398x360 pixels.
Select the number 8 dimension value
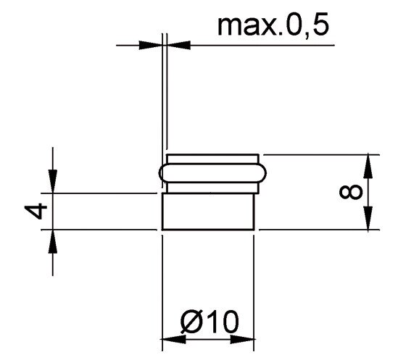[x=351, y=191]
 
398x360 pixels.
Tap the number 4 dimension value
[x=36, y=211]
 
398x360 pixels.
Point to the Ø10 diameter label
[x=210, y=322]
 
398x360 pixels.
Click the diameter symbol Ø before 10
[x=191, y=322]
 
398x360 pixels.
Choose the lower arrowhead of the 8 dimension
[x=368, y=218]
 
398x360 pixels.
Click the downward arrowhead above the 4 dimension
[x=53, y=181]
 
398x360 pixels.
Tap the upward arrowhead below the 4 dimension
[x=53, y=241]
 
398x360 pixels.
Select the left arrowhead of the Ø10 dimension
[x=174, y=339]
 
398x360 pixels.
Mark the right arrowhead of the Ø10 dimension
[x=242, y=339]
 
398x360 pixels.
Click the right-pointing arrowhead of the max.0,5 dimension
[x=151, y=45]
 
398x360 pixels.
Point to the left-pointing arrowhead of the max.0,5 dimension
[x=178, y=45]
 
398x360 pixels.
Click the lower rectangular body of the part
[x=208, y=212]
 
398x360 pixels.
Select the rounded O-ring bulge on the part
[x=212, y=173]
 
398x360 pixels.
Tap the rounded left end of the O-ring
[x=159, y=173]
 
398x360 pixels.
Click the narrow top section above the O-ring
[x=212, y=159]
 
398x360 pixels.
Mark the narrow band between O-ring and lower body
[x=212, y=188]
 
